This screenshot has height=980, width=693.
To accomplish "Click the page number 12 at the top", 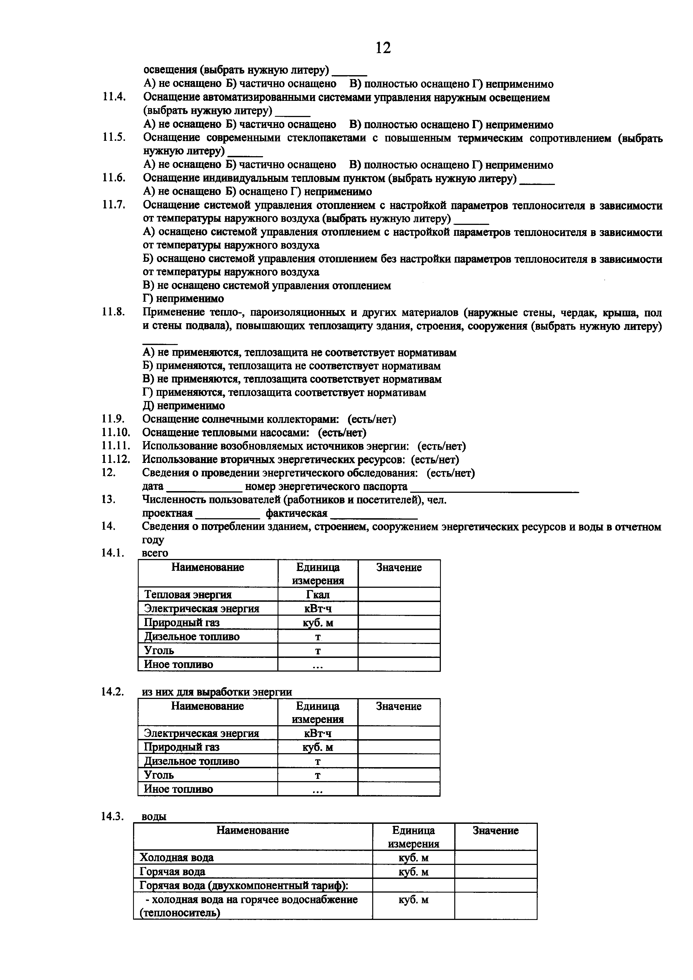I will click(383, 48).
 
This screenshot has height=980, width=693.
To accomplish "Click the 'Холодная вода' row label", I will click(177, 858).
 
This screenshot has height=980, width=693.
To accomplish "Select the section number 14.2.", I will click(113, 692).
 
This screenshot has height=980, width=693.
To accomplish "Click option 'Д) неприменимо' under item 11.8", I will click(184, 405).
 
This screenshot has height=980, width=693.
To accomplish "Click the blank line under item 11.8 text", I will click(160, 342).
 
